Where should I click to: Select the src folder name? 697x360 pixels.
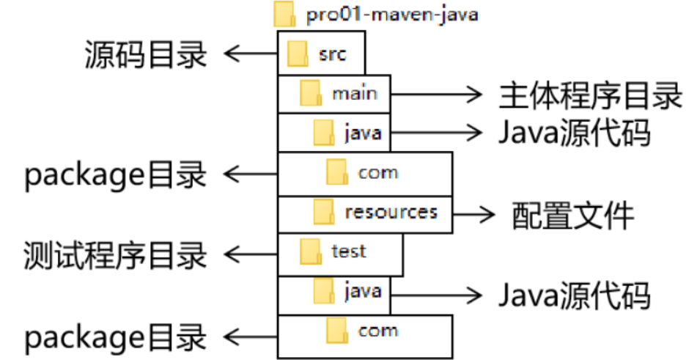pos(331,54)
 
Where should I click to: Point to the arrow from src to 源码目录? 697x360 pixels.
pos(250,54)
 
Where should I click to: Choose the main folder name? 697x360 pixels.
pos(355,94)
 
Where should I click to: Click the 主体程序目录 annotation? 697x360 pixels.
pos(591,95)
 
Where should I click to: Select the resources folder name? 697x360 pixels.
pos(391,213)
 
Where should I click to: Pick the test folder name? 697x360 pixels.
pos(348,252)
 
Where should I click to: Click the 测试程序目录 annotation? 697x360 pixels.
pos(116,254)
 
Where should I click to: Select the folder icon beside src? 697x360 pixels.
pos(298,54)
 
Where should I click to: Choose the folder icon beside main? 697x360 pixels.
pos(311,94)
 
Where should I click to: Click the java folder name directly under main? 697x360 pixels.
pos(362,133)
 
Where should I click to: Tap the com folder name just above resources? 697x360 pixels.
pos(378,173)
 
